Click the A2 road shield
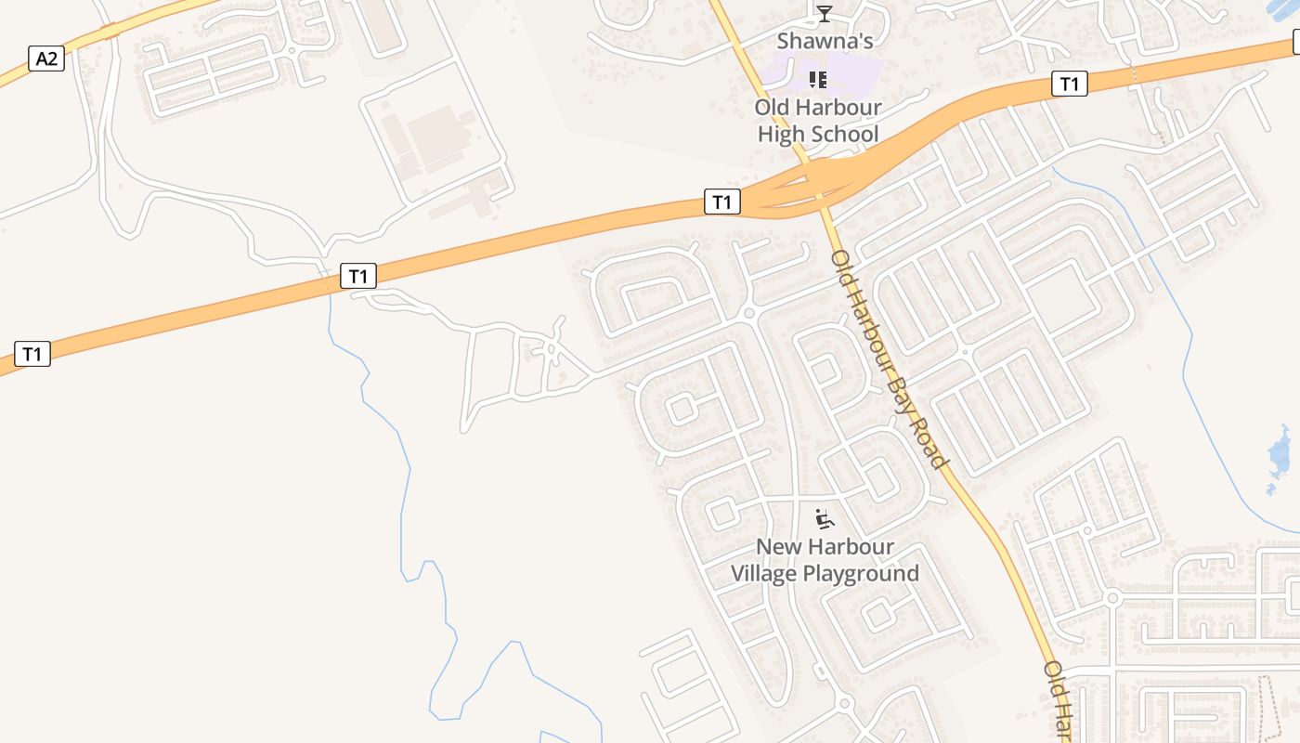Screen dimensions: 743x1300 45,59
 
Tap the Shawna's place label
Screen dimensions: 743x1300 825,41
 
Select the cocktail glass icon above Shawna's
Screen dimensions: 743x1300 825,13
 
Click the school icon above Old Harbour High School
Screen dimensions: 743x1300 817,80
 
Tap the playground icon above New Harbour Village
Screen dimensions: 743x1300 824,519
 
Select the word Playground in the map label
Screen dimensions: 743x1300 861,574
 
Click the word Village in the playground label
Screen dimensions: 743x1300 763,574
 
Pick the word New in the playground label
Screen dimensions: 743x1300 776,547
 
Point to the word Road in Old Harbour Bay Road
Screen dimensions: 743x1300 929,440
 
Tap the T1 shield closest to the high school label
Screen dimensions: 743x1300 722,202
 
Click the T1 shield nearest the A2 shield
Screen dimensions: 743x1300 32,354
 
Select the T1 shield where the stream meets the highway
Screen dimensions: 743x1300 358,276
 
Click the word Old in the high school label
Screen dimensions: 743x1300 772,107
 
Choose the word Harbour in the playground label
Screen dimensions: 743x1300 836,547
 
